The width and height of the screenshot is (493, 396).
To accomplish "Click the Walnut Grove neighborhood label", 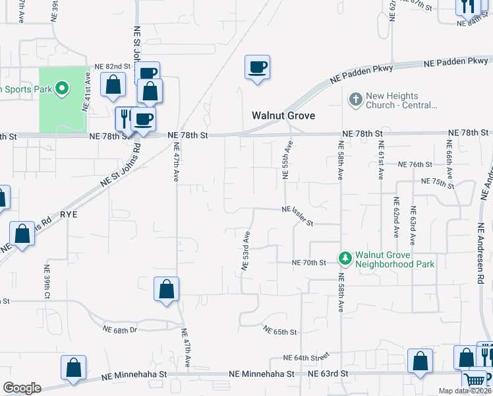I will (x=283, y=115).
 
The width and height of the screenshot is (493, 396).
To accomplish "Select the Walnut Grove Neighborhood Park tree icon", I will (x=344, y=259).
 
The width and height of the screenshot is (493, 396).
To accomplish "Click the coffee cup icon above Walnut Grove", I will (x=257, y=67).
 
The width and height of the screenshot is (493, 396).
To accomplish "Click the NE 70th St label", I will (x=310, y=263).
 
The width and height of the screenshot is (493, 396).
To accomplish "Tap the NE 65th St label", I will (x=280, y=330).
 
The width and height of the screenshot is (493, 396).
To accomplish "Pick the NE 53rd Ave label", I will (x=246, y=251).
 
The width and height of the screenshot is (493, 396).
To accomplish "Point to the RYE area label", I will (x=69, y=215).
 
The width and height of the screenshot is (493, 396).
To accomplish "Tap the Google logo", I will (x=22, y=388).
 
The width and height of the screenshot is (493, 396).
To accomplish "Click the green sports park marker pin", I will (x=61, y=88).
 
